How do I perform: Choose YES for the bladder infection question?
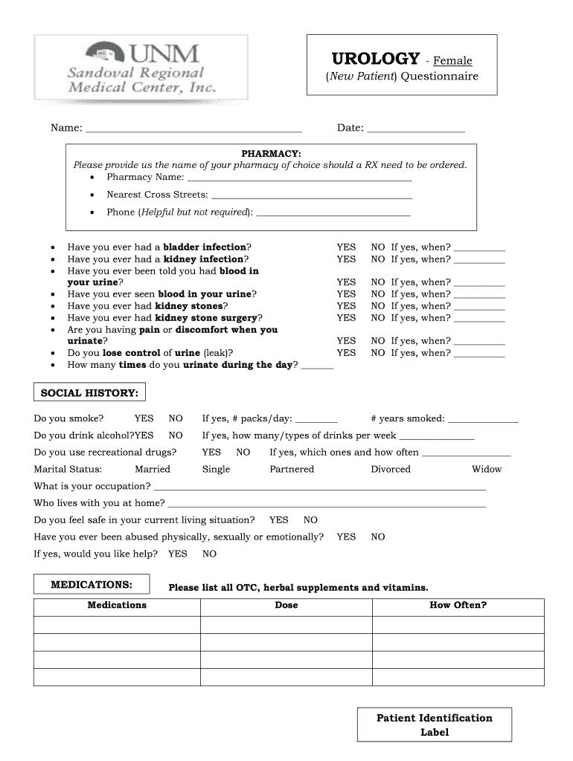click(346, 247)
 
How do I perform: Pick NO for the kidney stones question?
click(378, 306)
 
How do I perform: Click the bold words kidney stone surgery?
click(205, 318)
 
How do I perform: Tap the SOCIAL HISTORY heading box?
click(89, 392)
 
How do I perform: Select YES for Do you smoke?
click(144, 418)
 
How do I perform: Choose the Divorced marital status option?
click(391, 470)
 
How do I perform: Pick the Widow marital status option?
click(487, 470)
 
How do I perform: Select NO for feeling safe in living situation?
click(310, 520)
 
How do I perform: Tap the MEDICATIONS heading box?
click(92, 585)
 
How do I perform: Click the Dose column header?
click(286, 605)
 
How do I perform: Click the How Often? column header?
click(458, 605)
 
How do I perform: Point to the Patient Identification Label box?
click(434, 725)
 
